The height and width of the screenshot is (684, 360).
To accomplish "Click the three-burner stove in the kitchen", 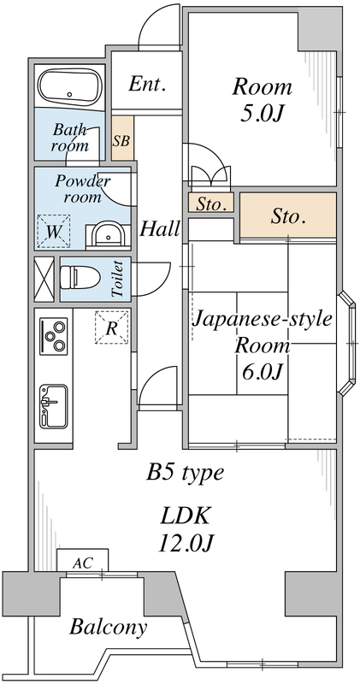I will click(x=55, y=335).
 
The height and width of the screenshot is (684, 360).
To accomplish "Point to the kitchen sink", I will click(x=54, y=404).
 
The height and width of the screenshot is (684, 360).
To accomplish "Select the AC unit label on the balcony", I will click(x=83, y=563).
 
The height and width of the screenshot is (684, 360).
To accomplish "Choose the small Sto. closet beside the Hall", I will click(x=210, y=204).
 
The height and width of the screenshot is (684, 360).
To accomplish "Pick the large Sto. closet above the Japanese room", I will click(x=288, y=216).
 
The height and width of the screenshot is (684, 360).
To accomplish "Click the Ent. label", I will click(x=146, y=84).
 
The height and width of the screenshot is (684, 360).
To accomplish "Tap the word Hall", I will click(x=159, y=228).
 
